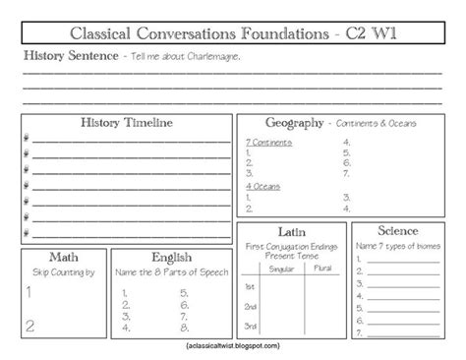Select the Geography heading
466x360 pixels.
(295, 124)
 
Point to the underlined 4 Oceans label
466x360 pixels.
(260, 185)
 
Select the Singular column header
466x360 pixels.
(279, 267)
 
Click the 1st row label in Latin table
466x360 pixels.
(252, 286)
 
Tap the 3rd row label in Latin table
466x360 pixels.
(252, 326)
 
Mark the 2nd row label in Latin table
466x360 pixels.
(252, 306)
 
